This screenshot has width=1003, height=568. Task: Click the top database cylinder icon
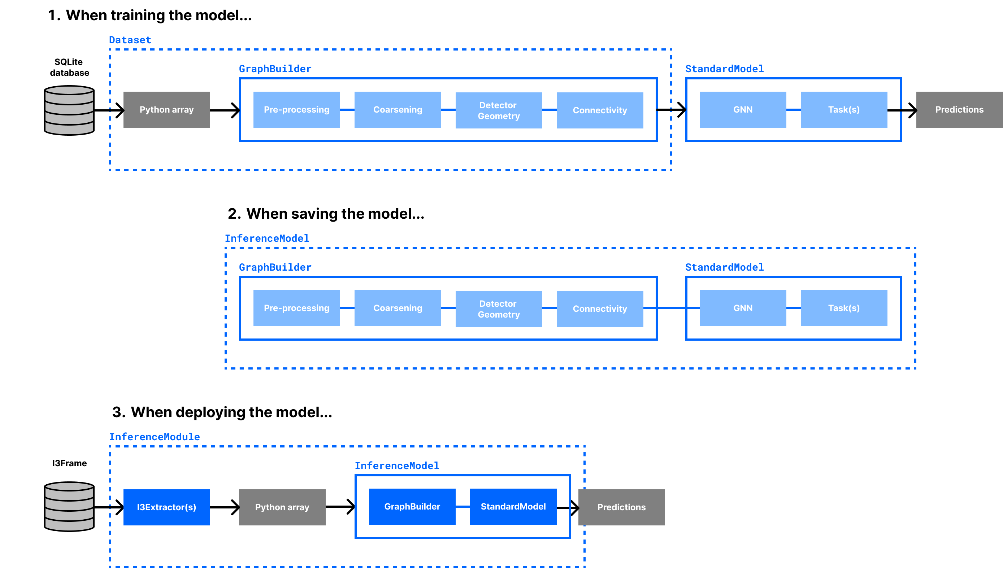pyautogui.click(x=69, y=110)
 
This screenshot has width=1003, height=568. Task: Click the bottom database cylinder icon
pyautogui.click(x=69, y=506)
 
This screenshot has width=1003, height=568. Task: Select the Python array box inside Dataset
pyautogui.click(x=167, y=110)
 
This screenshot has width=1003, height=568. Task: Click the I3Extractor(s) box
pyautogui.click(x=167, y=507)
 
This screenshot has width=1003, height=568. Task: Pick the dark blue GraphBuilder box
pyautogui.click(x=412, y=506)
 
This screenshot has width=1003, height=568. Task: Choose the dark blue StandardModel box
pyautogui.click(x=513, y=506)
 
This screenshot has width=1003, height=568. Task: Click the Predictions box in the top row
pyautogui.click(x=959, y=110)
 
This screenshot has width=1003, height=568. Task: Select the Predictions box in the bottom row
pyautogui.click(x=621, y=507)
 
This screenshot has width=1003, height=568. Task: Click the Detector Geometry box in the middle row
pyautogui.click(x=498, y=309)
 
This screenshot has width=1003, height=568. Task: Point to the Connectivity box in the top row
pyautogui.click(x=599, y=110)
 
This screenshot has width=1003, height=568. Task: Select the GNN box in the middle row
pyautogui.click(x=742, y=308)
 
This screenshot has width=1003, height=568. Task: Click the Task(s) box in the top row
pyautogui.click(x=843, y=110)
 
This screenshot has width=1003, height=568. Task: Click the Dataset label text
pyautogui.click(x=130, y=40)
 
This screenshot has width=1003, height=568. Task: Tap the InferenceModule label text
pyautogui.click(x=154, y=437)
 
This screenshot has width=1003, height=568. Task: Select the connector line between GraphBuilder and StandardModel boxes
pyautogui.click(x=463, y=506)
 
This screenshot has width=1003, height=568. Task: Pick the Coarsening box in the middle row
pyautogui.click(x=397, y=308)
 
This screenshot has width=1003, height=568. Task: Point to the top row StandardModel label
pyautogui.click(x=724, y=69)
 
